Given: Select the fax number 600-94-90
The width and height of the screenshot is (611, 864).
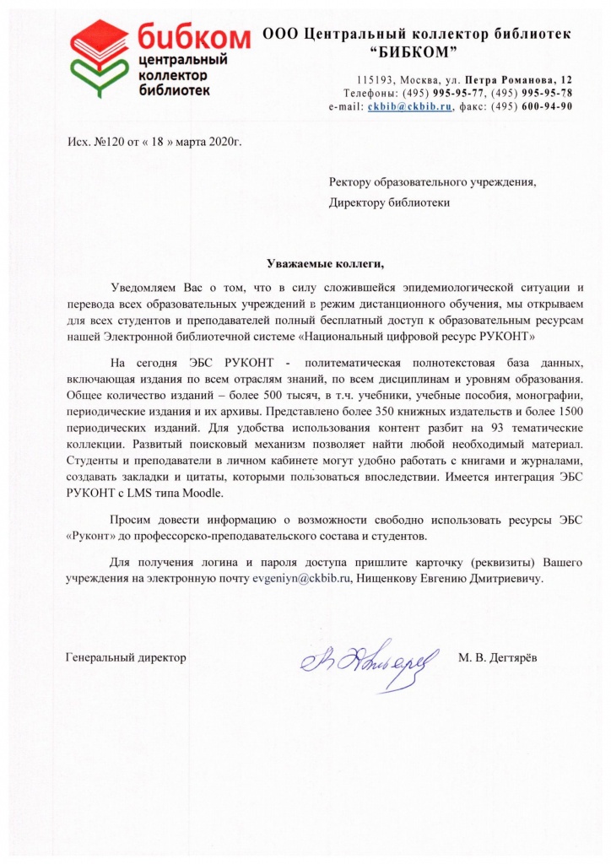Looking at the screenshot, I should pyautogui.click(x=547, y=107).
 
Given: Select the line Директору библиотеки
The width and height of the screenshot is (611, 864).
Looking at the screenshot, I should pyautogui.click(x=389, y=202).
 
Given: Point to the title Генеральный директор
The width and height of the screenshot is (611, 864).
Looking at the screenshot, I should pyautogui.click(x=126, y=656).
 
